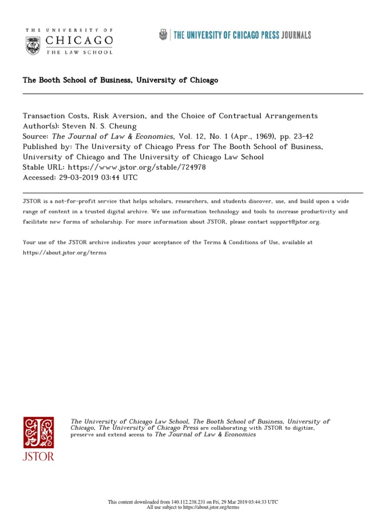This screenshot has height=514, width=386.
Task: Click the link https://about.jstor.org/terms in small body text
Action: (65, 252)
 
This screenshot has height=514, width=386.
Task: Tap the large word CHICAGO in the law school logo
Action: (79, 40)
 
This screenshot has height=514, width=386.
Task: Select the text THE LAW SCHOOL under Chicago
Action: (79, 52)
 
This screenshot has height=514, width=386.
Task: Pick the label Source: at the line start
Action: (36, 136)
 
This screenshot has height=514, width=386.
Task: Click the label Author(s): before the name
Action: (41, 126)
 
